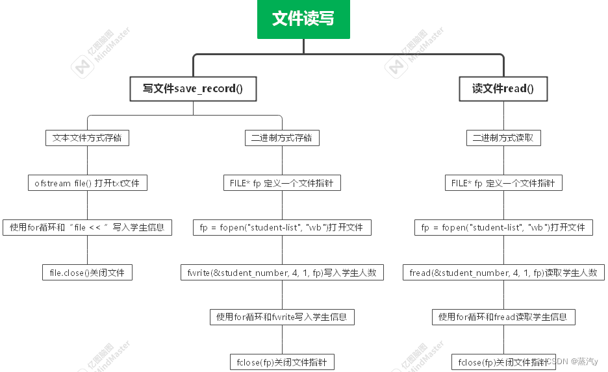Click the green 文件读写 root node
tap(303, 19)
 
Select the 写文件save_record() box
tap(193, 89)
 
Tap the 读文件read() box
tap(503, 89)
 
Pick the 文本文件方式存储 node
tap(87, 138)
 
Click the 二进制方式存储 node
tap(282, 138)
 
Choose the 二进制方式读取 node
tap(503, 138)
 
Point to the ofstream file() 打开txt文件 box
tap(87, 183)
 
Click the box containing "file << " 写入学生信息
tap(87, 227)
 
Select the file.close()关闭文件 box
tap(87, 273)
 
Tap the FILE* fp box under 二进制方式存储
tap(282, 183)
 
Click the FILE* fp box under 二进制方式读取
tap(503, 183)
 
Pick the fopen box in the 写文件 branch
tap(282, 227)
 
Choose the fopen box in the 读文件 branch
tap(503, 227)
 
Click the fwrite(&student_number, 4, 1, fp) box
tap(282, 273)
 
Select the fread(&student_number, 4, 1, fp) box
tap(503, 273)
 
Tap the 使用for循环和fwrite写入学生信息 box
tap(282, 317)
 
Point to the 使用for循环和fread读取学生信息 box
tap(503, 317)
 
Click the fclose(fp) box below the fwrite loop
tap(282, 362)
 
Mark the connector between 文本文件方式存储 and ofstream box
tap(87, 160)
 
